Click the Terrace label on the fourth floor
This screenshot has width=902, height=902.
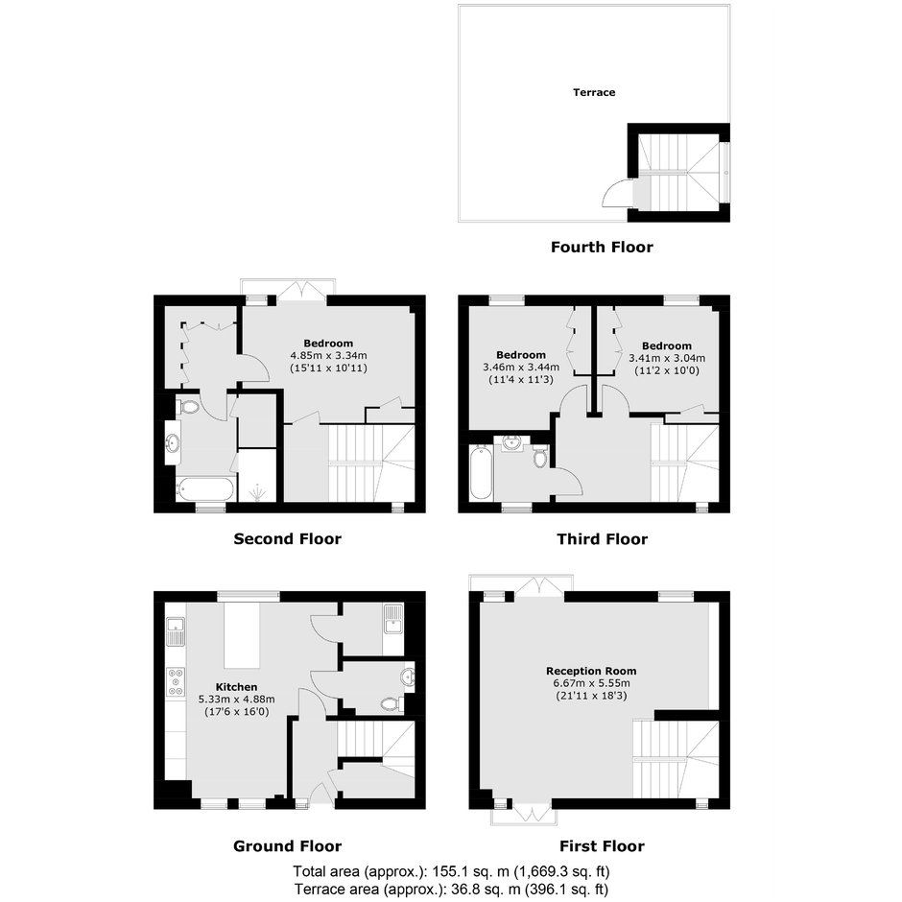tap(594, 92)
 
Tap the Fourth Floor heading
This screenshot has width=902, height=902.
tap(602, 247)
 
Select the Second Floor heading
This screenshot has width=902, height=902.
tap(287, 538)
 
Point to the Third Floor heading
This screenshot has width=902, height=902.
tap(602, 538)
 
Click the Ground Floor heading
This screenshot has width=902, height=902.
tap(287, 845)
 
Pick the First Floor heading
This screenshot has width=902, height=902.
tap(602, 845)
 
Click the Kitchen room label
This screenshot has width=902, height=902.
tap(236, 687)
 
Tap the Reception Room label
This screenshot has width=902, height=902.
tap(591, 671)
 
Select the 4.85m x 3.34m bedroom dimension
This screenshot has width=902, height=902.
tap(328, 355)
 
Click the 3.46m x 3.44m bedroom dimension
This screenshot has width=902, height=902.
tap(521, 367)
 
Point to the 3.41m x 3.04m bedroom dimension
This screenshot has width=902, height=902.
tap(667, 358)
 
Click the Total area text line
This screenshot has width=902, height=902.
tap(451, 871)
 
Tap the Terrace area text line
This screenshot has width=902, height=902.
tap(451, 889)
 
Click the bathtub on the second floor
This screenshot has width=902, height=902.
tap(205, 489)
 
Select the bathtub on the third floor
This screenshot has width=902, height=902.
tap(481, 472)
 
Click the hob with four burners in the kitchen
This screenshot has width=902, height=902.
tap(176, 681)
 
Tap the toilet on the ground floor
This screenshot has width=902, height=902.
tap(392, 703)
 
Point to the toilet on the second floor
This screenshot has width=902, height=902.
tap(187, 408)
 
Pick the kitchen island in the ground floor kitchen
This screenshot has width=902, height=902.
tap(242, 635)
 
